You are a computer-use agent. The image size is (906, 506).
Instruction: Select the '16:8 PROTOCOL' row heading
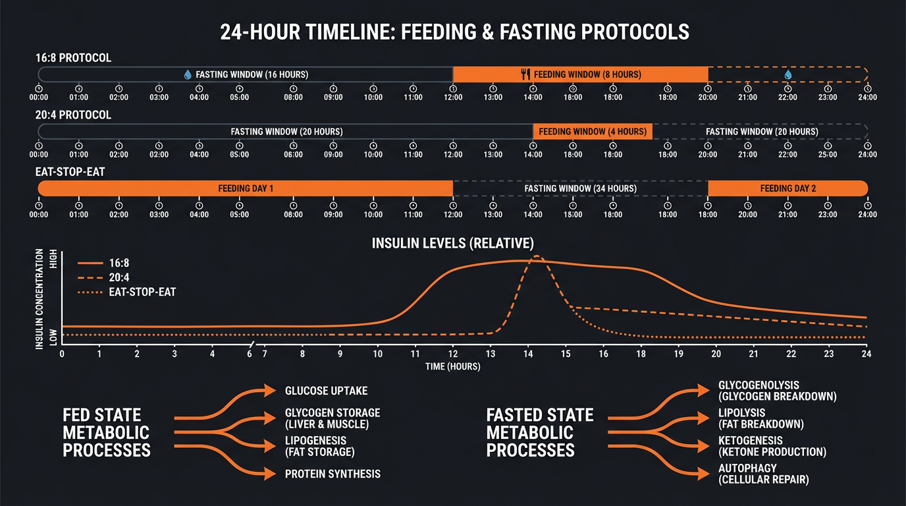pos(73,58)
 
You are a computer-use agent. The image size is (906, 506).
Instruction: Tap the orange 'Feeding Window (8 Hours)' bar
pos(580,74)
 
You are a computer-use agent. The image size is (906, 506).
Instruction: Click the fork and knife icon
pos(525,74)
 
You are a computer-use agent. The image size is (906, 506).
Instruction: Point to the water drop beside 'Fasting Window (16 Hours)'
pos(188,74)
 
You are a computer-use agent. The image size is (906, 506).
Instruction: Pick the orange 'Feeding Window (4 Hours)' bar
pos(592,132)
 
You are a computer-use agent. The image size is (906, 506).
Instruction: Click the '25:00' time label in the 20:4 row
pos(828,154)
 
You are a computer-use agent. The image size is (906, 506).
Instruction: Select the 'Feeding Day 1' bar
pos(245,188)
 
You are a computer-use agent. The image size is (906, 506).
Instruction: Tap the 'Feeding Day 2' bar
pos(787,188)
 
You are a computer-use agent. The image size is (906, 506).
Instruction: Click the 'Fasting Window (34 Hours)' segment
pos(580,188)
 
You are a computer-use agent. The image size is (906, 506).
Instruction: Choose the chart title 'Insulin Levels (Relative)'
pos(452,243)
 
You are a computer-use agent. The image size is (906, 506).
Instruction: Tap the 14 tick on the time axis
pos(527,354)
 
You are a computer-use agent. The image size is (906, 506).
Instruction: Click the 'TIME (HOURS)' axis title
pos(452,366)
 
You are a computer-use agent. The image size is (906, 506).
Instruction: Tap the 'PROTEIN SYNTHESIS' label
pos(333,474)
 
